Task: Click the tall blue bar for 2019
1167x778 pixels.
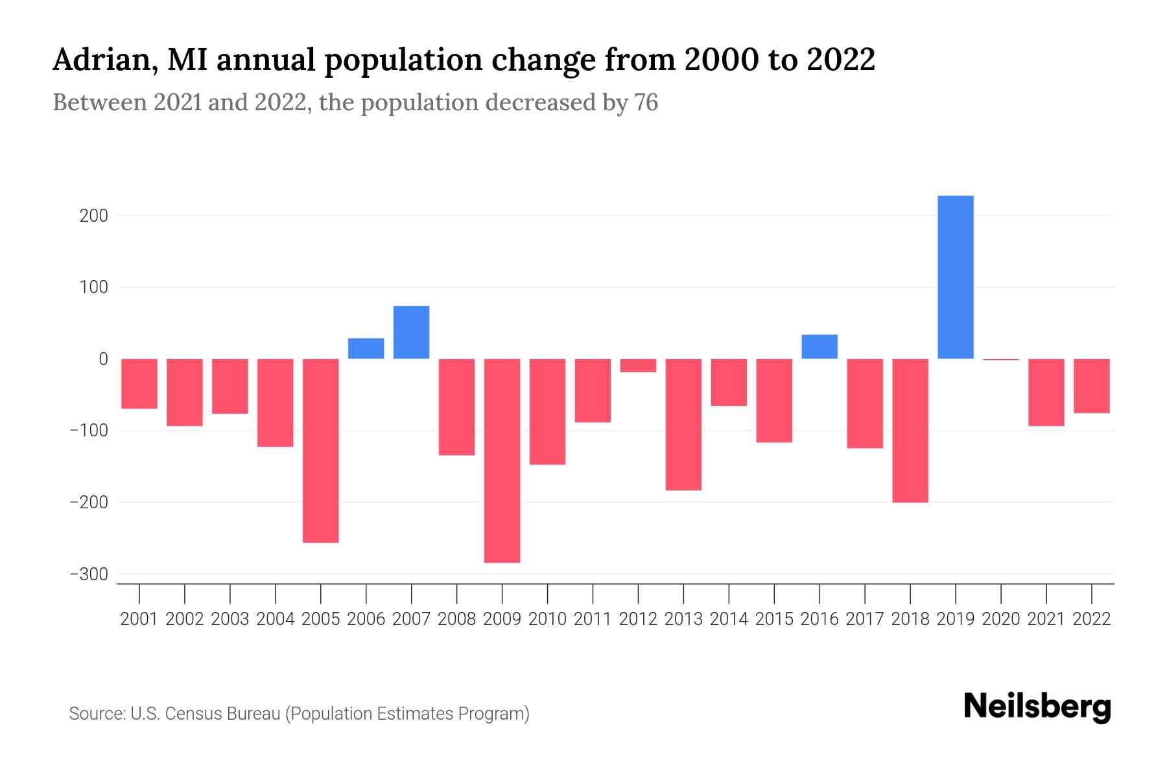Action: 955,277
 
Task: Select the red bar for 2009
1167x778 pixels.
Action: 502,460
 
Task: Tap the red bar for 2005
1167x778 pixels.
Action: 320,451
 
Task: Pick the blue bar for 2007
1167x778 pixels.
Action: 411,332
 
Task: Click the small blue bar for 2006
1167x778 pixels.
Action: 366,348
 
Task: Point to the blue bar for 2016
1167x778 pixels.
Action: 819,346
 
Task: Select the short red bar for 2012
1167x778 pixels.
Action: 638,366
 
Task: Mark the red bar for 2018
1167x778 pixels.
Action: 910,430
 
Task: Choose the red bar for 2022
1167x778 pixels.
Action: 1092,386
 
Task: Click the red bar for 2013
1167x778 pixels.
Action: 683,425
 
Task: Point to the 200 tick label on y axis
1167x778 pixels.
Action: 93,216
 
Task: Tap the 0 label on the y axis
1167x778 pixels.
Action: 103,359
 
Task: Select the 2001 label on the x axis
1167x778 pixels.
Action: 139,619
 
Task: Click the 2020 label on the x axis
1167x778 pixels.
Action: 1001,619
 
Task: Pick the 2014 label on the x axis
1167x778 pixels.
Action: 729,619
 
